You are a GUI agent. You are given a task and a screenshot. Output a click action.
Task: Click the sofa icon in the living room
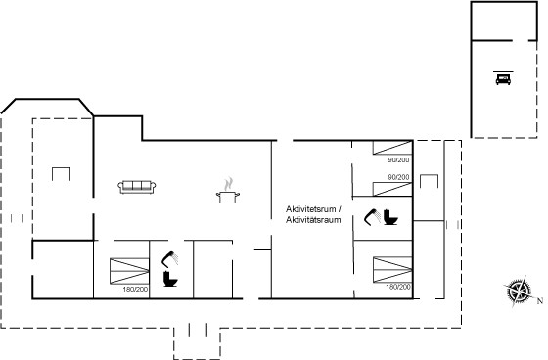pyautogui.click(x=137, y=187)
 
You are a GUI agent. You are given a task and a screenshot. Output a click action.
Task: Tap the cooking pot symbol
pyautogui.click(x=228, y=198)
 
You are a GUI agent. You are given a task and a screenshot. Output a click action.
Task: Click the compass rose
pyautogui.click(x=519, y=291)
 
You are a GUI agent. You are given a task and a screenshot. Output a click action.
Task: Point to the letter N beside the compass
pyautogui.click(x=540, y=300)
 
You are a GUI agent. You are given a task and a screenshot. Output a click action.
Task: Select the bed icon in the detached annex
pyautogui.click(x=503, y=78)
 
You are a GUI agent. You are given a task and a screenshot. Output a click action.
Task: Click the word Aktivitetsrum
pyautogui.click(x=311, y=209)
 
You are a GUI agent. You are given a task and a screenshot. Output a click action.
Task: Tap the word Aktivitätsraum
pyautogui.click(x=313, y=220)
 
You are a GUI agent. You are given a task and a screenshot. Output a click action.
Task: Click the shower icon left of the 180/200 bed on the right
pyautogui.click(x=373, y=217)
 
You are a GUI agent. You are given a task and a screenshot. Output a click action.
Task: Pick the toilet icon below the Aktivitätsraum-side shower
pyautogui.click(x=390, y=217)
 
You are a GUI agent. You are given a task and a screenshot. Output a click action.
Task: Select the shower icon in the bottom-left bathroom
pyautogui.click(x=170, y=259)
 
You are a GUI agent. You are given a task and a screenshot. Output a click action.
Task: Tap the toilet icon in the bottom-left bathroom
pyautogui.click(x=170, y=279)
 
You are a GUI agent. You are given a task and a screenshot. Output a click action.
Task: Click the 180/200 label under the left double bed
pyautogui.click(x=135, y=290)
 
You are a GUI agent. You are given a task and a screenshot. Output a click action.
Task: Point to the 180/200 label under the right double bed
pyautogui.click(x=398, y=287)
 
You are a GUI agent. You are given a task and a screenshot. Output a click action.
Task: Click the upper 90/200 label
pyautogui.click(x=398, y=160)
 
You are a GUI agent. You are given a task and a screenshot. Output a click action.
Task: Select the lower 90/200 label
pyautogui.click(x=398, y=177)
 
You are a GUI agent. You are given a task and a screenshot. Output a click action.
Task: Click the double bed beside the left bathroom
pyautogui.click(x=129, y=271)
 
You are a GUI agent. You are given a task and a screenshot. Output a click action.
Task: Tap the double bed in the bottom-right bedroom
pyautogui.click(x=392, y=270)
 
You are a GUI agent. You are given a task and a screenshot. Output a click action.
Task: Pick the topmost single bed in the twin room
pyautogui.click(x=392, y=148)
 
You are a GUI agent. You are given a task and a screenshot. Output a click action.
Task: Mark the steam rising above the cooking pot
pyautogui.click(x=228, y=184)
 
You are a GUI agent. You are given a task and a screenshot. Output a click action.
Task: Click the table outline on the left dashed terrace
pyautogui.click(x=61, y=174)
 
